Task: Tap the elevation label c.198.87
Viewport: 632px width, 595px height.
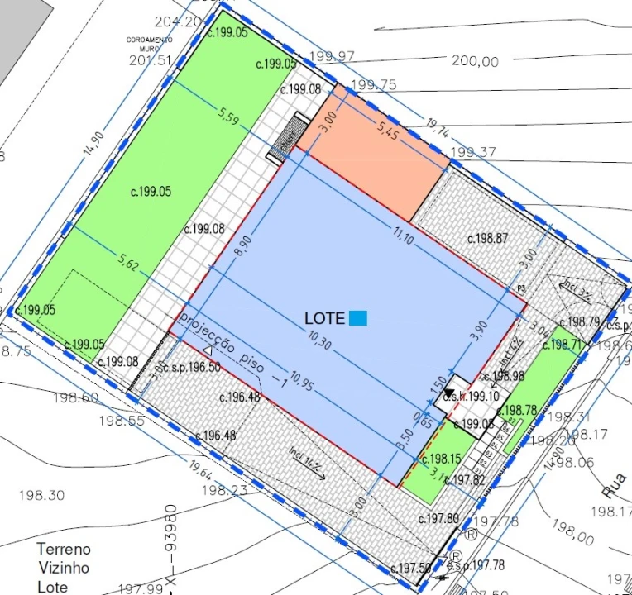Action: point(488,238)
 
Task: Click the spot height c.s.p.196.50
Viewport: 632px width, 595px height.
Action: point(190,367)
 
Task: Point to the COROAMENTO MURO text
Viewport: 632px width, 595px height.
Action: point(149,44)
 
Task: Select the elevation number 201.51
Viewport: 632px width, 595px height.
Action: point(150,60)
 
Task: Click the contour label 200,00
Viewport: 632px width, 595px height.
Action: point(475,61)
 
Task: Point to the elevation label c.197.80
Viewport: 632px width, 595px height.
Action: point(438,519)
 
